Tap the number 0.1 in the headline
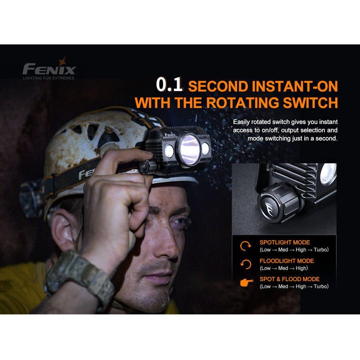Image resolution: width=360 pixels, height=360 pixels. click(170, 84)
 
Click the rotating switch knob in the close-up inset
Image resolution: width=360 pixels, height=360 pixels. click(279, 202)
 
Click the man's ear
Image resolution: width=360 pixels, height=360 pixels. click(64, 232)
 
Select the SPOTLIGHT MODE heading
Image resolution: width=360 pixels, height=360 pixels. click(285, 242)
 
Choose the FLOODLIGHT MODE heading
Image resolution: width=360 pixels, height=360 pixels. click(287, 261)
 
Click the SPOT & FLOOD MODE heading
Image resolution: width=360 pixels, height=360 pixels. click(290, 279)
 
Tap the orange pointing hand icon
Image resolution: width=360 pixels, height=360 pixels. click(246, 282)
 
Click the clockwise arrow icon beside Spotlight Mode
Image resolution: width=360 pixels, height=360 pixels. click(246, 246)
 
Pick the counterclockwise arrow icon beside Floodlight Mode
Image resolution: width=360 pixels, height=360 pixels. click(246, 264)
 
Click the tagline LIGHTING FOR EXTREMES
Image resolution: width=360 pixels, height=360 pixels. click(48, 78)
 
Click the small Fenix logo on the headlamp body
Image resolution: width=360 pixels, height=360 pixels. click(170, 134)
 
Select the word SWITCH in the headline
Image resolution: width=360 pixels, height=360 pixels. click(310, 103)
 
